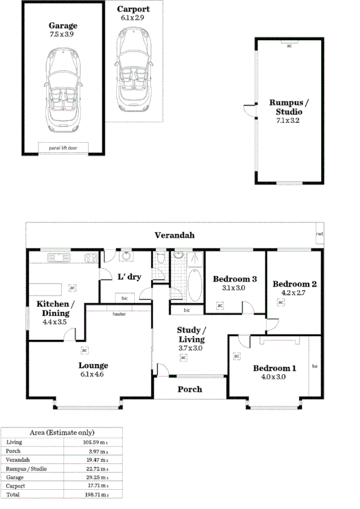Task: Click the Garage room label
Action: coord(63,26)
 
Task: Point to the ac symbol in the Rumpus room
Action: coord(290,46)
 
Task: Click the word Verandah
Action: coord(174,235)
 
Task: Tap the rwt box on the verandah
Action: coord(319,234)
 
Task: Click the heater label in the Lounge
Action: coord(119,314)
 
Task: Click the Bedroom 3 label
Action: coord(235,279)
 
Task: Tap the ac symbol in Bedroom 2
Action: coord(280,302)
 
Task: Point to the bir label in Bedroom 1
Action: coord(314,365)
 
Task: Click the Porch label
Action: coord(190,389)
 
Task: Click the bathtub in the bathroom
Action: coord(195,286)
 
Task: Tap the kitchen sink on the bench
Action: coord(60,258)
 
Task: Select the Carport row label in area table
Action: coord(15,485)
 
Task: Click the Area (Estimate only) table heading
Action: coord(62,432)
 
